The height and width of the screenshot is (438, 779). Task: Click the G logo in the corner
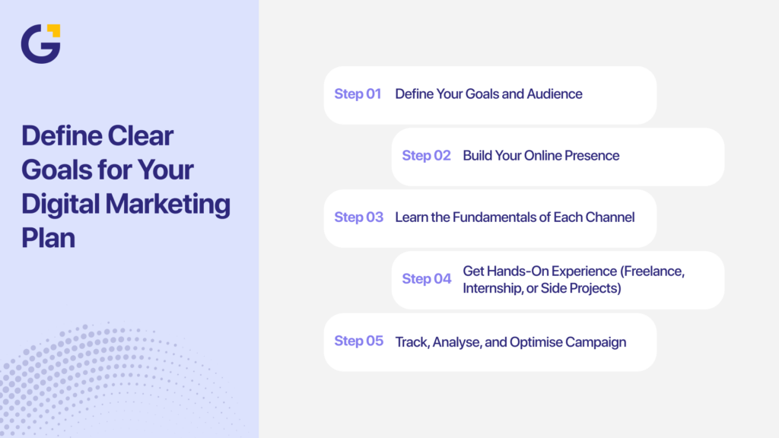click(x=40, y=44)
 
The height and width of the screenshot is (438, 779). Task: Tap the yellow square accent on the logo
click(x=54, y=30)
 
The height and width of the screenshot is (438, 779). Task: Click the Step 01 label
click(x=358, y=94)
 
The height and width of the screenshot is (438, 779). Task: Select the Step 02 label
click(x=426, y=156)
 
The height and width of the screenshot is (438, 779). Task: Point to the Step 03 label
click(x=359, y=217)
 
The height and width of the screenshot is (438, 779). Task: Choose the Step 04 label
click(x=427, y=279)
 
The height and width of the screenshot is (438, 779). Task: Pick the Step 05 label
click(x=359, y=341)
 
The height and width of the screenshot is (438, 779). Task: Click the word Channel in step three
click(x=610, y=217)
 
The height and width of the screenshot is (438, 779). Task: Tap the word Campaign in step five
click(x=596, y=342)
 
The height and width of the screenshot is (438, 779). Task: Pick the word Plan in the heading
click(x=49, y=237)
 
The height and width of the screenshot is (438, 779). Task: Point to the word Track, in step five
click(x=412, y=342)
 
